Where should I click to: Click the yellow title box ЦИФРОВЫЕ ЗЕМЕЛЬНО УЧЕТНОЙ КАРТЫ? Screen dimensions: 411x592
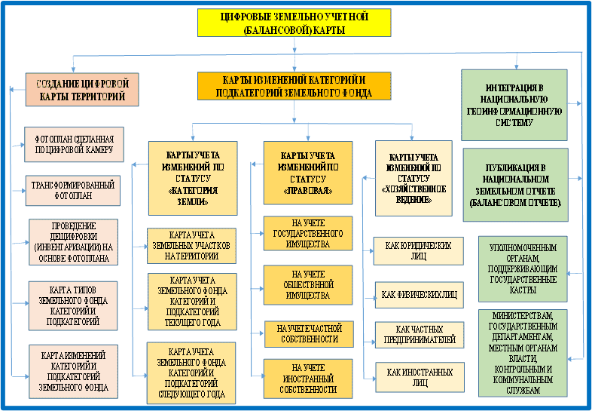pyautogui.click(x=294, y=23)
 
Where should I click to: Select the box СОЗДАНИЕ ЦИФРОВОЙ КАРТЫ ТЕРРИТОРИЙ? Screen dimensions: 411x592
pyautogui.click(x=81, y=89)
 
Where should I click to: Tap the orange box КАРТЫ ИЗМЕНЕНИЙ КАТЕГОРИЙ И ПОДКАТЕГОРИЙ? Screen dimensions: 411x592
pyautogui.click(x=294, y=86)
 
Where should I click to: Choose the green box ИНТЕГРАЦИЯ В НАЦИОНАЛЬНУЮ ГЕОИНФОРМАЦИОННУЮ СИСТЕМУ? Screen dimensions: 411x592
pyautogui.click(x=514, y=105)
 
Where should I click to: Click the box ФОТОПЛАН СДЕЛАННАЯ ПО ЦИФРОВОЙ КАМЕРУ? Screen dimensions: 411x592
pyautogui.click(x=74, y=144)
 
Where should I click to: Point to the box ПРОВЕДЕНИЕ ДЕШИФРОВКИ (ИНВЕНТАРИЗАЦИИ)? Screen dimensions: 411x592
pyautogui.click(x=73, y=241)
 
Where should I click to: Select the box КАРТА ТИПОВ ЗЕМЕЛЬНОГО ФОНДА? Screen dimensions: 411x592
pyautogui.click(x=73, y=305)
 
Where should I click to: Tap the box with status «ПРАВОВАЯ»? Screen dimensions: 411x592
pyautogui.click(x=307, y=173)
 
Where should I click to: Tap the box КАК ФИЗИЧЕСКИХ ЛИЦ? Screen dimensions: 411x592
pyautogui.click(x=419, y=293)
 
